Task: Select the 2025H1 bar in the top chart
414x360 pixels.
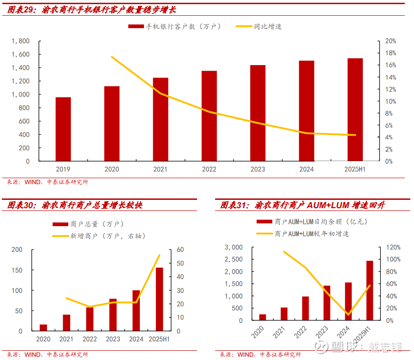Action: pyautogui.click(x=355, y=110)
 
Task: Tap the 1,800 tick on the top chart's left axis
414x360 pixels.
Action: pyautogui.click(x=20, y=41)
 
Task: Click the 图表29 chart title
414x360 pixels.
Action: pyautogui.click(x=92, y=9)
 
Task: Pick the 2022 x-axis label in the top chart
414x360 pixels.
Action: pyautogui.click(x=209, y=169)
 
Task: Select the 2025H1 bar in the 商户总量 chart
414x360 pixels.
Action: pyautogui.click(x=159, y=299)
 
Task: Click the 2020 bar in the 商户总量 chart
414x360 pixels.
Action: pyautogui.click(x=43, y=328)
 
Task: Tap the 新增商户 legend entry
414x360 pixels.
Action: pyautogui.click(x=108, y=236)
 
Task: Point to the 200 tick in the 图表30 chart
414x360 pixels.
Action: pyautogui.click(x=17, y=250)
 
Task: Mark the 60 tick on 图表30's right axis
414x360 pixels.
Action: pyautogui.click(x=180, y=250)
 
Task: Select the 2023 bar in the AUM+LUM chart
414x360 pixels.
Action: pyautogui.click(x=327, y=303)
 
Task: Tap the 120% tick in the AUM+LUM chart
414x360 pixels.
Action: pyautogui.click(x=394, y=247)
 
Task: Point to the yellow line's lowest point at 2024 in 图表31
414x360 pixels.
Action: pyautogui.click(x=348, y=315)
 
